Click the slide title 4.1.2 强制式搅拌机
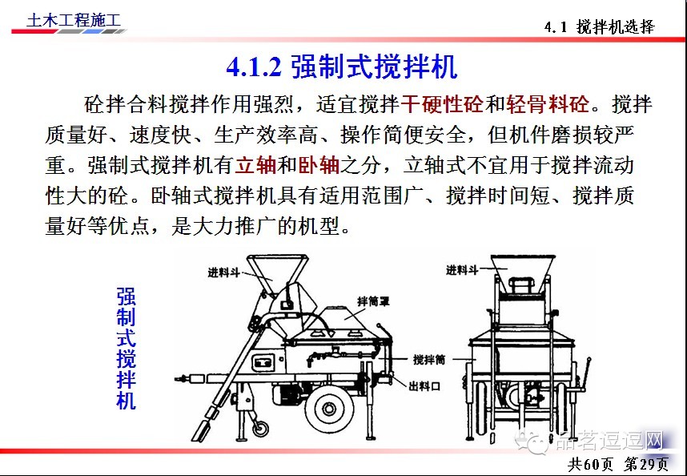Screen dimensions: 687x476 point(342,67)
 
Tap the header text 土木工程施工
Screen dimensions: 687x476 point(73,20)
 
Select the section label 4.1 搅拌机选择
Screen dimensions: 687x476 point(600,27)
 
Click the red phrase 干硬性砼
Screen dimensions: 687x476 point(443,104)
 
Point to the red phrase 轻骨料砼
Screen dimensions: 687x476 point(548,104)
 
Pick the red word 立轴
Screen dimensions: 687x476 point(256,165)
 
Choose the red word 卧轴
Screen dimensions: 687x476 point(319,165)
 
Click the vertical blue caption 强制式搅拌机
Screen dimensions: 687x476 point(127,349)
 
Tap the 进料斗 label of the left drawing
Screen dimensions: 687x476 point(223,272)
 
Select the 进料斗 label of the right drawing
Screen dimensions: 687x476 point(462,270)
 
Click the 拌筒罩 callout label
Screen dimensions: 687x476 point(373,301)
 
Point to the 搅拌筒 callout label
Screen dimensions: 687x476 point(429,360)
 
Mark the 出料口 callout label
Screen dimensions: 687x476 point(424,386)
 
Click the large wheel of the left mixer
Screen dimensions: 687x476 point(328,409)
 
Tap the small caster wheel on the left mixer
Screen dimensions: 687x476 point(260,427)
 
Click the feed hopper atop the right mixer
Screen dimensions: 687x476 point(523,273)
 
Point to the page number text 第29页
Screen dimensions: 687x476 point(646,464)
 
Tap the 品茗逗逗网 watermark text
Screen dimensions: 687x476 point(609,441)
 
